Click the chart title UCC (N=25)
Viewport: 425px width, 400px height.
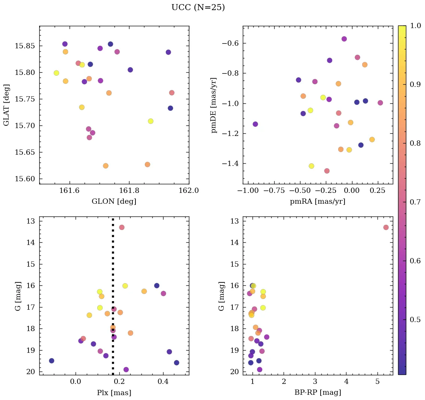(x=198, y=7)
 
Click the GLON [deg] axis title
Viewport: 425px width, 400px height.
(x=114, y=201)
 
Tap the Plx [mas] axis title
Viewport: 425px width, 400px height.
(x=114, y=393)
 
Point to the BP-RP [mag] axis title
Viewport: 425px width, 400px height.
(x=318, y=393)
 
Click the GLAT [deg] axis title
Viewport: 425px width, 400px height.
(x=6, y=105)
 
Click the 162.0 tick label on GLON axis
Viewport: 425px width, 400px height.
(x=189, y=190)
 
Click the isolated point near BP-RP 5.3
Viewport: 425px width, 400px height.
(x=386, y=227)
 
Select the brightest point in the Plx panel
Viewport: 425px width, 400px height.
(x=122, y=227)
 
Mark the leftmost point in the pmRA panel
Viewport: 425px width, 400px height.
(x=255, y=124)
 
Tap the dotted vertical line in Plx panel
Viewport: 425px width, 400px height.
(x=113, y=262)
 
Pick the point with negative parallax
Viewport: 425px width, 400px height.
(x=52, y=361)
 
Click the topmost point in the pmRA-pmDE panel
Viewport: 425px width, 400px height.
(x=344, y=39)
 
